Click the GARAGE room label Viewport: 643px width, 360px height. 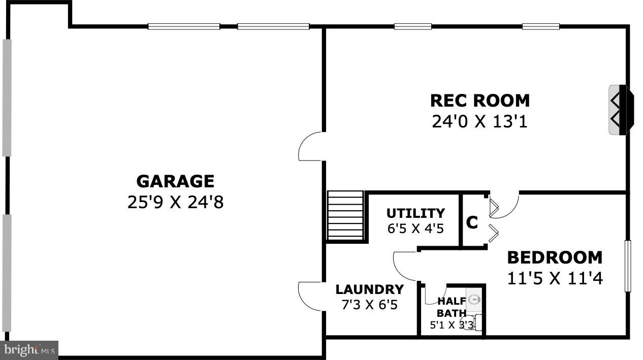tap(175, 181)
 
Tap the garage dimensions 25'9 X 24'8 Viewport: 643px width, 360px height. tap(175, 203)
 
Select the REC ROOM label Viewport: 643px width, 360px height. tap(479, 101)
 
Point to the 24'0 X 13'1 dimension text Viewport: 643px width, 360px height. tap(479, 122)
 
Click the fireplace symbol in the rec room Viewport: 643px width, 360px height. tap(621, 110)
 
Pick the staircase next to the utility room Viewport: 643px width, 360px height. tap(345, 216)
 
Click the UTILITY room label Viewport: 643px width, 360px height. tap(415, 213)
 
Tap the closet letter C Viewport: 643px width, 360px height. tap(472, 222)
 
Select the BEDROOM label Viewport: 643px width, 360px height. tap(555, 257)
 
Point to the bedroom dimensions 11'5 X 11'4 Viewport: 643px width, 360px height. tap(555, 278)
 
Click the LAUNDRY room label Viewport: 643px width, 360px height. tap(369, 289)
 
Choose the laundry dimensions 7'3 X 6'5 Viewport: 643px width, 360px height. tap(369, 305)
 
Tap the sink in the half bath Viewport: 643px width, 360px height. tap(473, 300)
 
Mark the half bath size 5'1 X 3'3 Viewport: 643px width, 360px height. tap(452, 325)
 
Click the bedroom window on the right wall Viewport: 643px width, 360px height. tap(628, 266)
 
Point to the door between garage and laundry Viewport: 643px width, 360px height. tap(310, 295)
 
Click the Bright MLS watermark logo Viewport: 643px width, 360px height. tap(29, 349)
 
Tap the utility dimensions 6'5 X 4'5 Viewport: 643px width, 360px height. tap(415, 228)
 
